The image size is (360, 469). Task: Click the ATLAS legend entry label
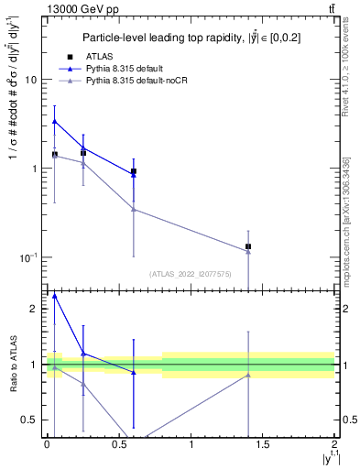100,56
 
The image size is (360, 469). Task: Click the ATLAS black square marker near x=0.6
134,171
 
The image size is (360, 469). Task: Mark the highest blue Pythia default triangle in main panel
55,121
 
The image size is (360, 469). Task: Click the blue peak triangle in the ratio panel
55,296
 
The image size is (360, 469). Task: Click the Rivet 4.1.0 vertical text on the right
345,64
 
